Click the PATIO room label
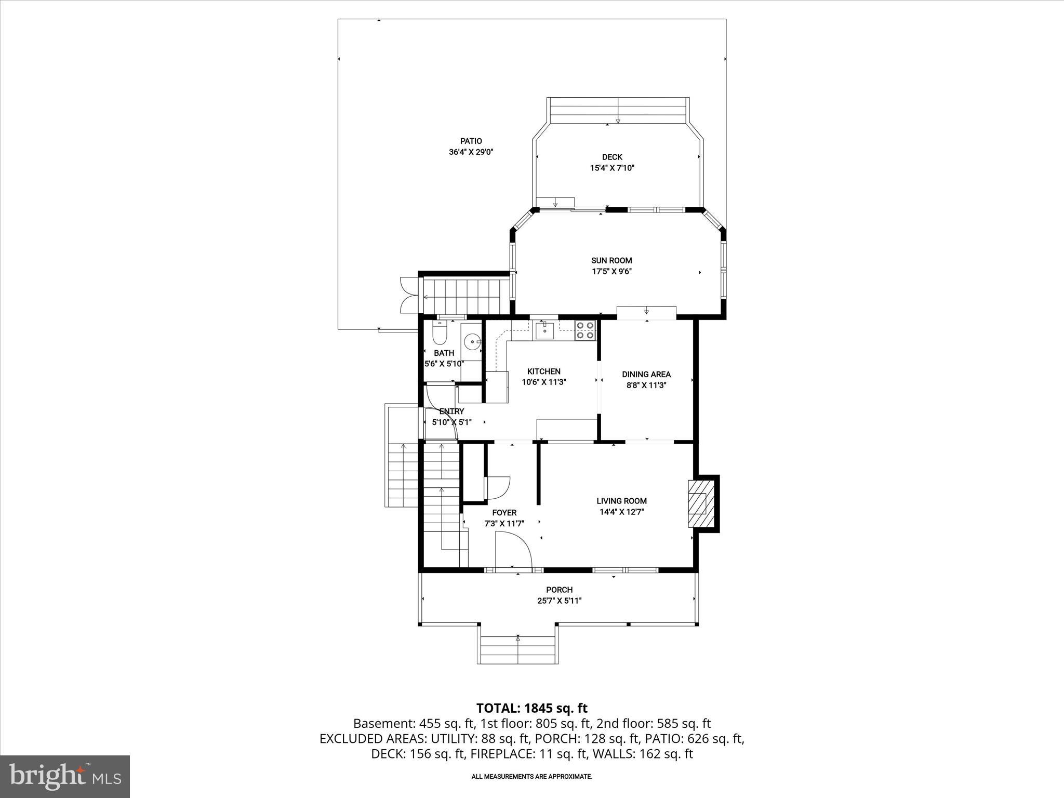(471, 141)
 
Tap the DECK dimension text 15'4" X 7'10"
(612, 168)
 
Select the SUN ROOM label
(611, 260)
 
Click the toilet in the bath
(440, 333)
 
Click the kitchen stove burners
(585, 330)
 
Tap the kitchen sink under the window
(545, 330)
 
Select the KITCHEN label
(543, 371)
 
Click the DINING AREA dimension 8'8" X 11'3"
(646, 385)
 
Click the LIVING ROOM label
(621, 501)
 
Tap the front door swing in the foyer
(513, 552)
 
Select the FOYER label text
(504, 513)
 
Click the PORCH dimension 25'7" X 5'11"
(559, 601)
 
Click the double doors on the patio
(408, 295)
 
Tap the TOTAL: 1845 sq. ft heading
(531, 708)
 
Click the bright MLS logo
(65, 776)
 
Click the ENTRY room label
(451, 411)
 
